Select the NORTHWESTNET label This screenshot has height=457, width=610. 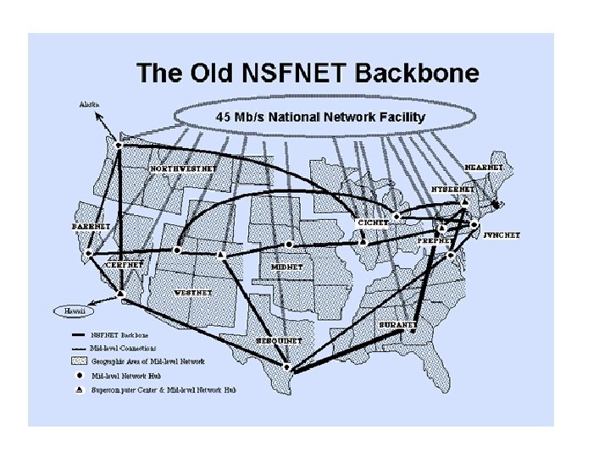click(x=184, y=168)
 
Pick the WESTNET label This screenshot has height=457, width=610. click(x=193, y=293)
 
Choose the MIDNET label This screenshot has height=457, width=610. click(x=286, y=267)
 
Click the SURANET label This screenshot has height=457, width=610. click(x=397, y=324)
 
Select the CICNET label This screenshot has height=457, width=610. click(x=373, y=223)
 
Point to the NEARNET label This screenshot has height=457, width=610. click(x=485, y=168)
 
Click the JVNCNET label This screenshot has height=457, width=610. click(x=502, y=234)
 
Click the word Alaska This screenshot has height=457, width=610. click(x=88, y=105)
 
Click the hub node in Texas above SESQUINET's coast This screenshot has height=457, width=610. click(x=286, y=367)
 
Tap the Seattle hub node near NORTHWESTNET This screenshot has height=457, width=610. click(x=119, y=145)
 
